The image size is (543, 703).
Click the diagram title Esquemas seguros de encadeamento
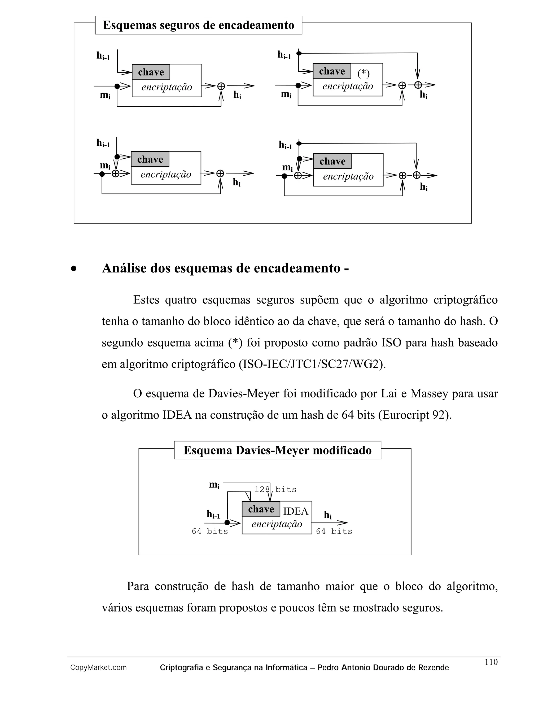(x=199, y=25)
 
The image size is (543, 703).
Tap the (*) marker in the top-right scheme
(x=364, y=73)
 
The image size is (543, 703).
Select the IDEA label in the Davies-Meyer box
(x=296, y=511)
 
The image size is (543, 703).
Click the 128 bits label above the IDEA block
(x=275, y=490)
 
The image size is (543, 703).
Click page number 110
(x=491, y=662)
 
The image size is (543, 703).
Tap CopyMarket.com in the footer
(x=98, y=668)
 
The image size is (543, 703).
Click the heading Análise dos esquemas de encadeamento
(x=225, y=268)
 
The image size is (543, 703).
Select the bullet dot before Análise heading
(x=74, y=269)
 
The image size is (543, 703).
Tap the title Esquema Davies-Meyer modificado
(x=277, y=450)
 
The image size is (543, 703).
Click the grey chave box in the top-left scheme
(x=151, y=72)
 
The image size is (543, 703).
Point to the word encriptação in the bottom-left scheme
(x=166, y=175)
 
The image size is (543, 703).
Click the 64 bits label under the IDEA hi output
(x=334, y=531)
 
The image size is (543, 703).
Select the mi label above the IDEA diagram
(x=214, y=484)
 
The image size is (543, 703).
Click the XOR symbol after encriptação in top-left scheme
(x=221, y=86)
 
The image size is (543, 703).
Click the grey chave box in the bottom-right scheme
(x=332, y=161)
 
